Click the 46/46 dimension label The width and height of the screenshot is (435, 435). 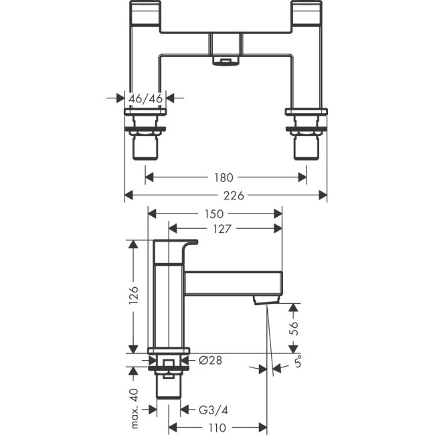(x=146, y=98)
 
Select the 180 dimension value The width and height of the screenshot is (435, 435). (x=225, y=177)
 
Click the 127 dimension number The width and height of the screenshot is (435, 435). (x=224, y=229)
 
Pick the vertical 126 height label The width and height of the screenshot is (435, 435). (x=134, y=296)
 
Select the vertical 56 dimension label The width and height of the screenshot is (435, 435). (x=294, y=328)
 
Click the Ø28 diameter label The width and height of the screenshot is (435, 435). (x=210, y=360)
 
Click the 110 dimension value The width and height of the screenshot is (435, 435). (x=215, y=426)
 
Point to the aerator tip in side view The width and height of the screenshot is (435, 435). (x=265, y=300)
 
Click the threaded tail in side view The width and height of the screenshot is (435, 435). (x=168, y=388)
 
